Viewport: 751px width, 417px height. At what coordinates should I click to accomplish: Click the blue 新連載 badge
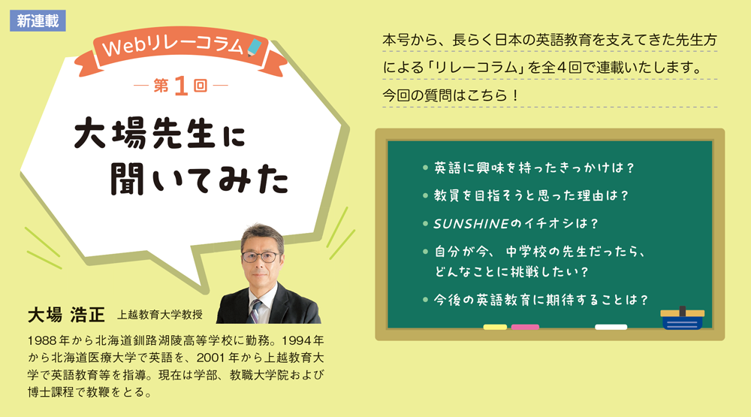[38, 21]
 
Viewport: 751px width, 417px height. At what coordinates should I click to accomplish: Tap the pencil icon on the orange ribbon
[255, 47]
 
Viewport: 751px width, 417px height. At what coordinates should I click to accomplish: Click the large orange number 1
[181, 86]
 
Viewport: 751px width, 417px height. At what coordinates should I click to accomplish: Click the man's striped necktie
[255, 311]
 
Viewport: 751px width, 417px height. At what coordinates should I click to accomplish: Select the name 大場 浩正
[66, 315]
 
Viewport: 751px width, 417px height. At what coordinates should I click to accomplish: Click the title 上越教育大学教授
[160, 315]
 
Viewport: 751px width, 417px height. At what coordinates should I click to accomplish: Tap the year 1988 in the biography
[42, 341]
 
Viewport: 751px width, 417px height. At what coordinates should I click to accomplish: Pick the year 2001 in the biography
[211, 358]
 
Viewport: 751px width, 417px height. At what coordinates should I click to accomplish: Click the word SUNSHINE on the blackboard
[471, 224]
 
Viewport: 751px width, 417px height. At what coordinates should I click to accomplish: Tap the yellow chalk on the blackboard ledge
[495, 327]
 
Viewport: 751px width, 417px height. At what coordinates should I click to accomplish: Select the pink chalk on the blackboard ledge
[525, 327]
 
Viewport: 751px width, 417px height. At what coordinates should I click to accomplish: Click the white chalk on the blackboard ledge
[611, 327]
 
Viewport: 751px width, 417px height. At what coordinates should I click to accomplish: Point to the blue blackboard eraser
[682, 319]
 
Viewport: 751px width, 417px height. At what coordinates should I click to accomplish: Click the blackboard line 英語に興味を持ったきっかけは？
[534, 168]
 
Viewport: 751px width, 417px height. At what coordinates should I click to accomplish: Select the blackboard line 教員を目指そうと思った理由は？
[531, 195]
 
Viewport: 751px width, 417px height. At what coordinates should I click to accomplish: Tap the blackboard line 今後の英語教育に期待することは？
[541, 300]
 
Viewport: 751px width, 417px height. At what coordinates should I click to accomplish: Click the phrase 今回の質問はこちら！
[451, 95]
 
